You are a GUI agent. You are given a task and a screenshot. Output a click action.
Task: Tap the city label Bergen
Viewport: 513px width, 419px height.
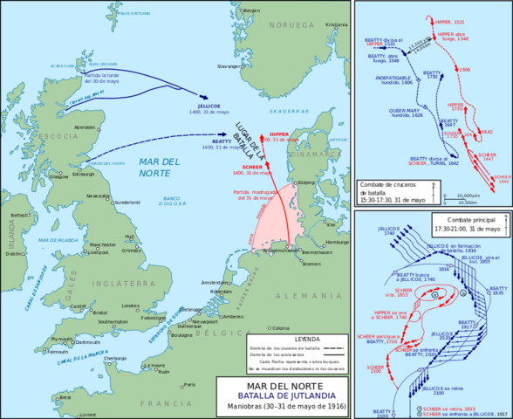coord(252,10)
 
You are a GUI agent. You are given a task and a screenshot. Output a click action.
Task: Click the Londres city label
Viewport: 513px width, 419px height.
coord(131,306)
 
